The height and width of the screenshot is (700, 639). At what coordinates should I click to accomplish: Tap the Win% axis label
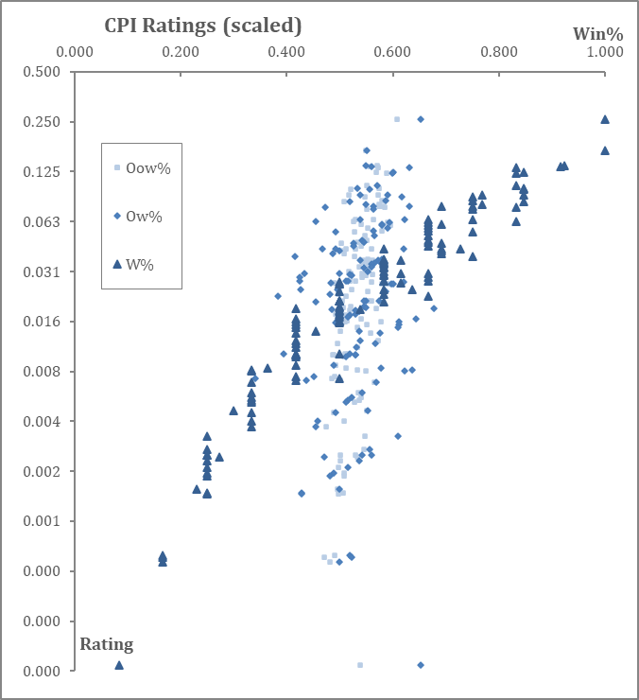click(596, 34)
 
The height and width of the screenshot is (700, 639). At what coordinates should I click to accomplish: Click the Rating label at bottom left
click(106, 644)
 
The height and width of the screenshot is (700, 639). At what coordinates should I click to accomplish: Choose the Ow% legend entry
click(150, 217)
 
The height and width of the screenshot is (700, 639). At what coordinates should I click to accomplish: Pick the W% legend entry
click(152, 265)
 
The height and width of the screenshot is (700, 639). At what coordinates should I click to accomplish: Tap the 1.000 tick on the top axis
click(605, 52)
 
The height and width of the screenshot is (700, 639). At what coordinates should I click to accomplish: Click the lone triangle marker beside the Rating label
click(119, 665)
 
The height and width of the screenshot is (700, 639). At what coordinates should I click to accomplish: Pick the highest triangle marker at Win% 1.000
click(605, 119)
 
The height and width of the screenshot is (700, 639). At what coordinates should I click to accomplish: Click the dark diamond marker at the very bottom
click(421, 665)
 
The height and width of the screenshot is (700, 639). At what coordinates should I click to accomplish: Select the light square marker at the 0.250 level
click(397, 119)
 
